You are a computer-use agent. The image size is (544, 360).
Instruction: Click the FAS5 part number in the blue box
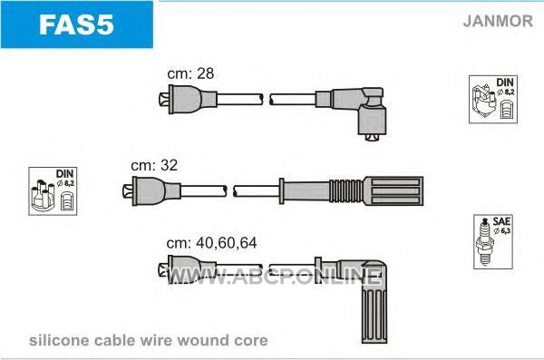pos(76,24)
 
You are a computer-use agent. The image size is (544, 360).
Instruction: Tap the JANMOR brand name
pos(498,21)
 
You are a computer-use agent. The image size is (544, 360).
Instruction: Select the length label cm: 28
pos(190,73)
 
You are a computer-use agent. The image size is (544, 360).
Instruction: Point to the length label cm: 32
pos(154,165)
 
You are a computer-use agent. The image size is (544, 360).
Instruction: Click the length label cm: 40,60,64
pos(211,243)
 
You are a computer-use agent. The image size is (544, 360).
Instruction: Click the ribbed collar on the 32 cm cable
pos(346,191)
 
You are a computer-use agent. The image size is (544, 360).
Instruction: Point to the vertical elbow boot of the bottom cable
pos(374,306)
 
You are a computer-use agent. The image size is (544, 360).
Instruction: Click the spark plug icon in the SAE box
pos(484,242)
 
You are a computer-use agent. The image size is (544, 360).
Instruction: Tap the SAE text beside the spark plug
pos(501,221)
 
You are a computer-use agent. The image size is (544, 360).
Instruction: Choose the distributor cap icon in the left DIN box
pos(43,196)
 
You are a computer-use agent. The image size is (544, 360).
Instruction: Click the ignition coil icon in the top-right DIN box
pos(483,101)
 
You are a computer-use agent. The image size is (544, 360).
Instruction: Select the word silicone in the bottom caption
pos(59,340)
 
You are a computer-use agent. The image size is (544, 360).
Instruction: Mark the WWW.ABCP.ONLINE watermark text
pos(274,277)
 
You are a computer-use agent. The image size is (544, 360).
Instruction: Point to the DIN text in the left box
pos(64,173)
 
